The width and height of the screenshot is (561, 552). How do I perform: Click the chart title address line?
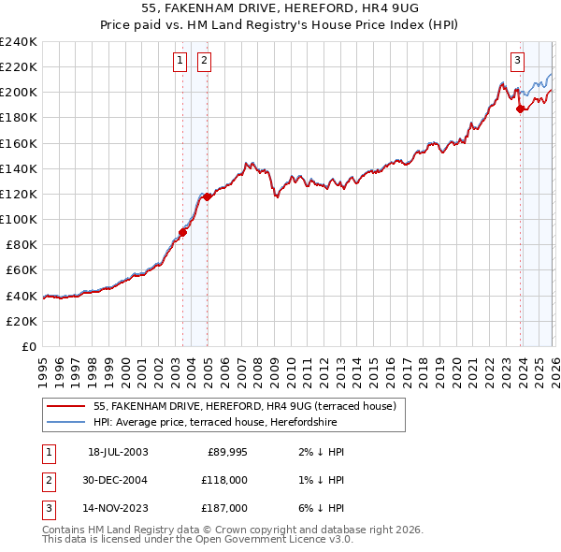[x=280, y=9]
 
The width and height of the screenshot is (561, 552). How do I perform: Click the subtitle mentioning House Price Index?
[x=280, y=25]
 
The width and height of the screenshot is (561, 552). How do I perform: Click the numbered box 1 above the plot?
[x=180, y=61]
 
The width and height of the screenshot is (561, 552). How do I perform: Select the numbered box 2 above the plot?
[x=204, y=61]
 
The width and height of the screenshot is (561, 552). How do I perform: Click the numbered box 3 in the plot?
[x=517, y=61]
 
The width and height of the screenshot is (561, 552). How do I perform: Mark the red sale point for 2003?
[x=183, y=233]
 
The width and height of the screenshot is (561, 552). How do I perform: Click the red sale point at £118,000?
[x=207, y=196]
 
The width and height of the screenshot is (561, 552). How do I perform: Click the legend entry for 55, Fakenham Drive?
[x=245, y=406]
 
